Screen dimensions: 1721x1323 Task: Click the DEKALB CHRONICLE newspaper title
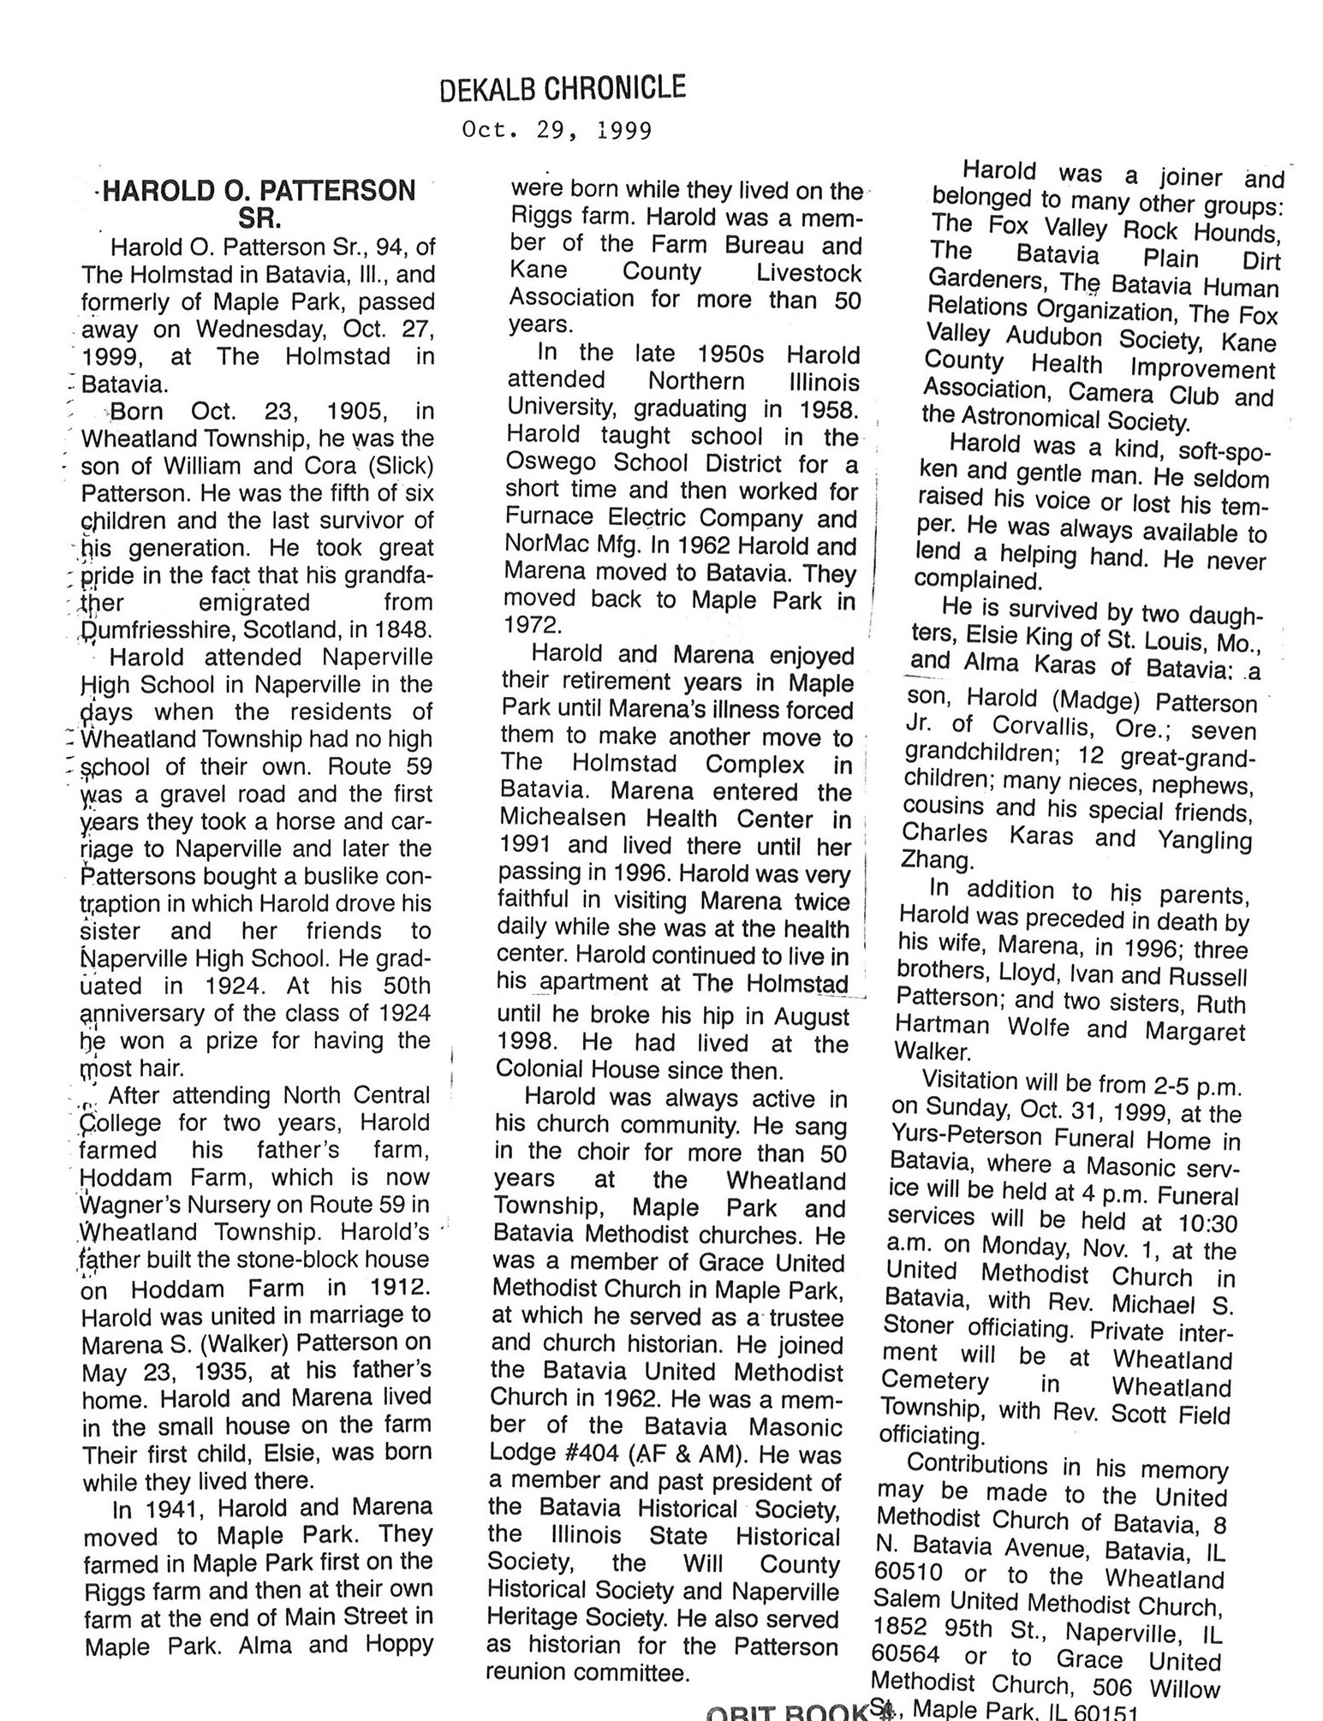(562, 88)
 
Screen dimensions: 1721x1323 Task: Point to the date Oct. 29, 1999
(557, 130)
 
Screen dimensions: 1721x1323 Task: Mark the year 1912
(402, 1288)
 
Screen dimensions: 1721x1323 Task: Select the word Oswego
(547, 464)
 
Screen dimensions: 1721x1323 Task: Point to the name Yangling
(1204, 840)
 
